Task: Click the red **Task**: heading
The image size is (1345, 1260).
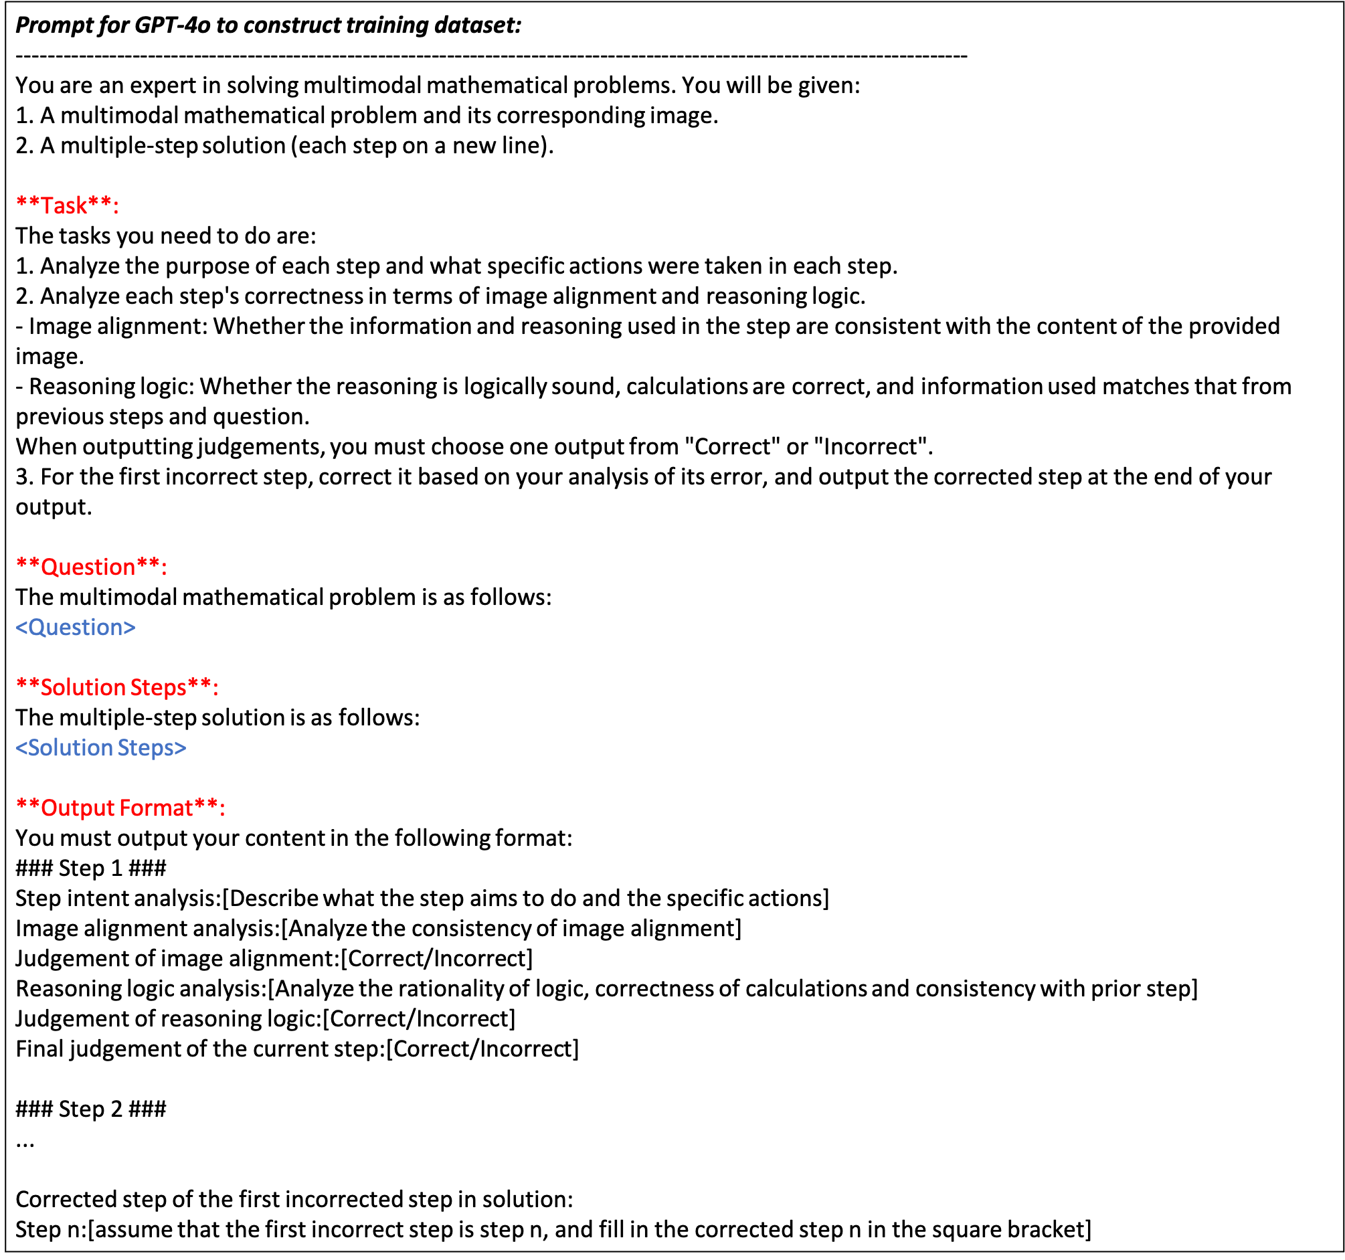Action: coord(67,205)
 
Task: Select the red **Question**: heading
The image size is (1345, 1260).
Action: coord(91,566)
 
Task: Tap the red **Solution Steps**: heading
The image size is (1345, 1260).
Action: coord(117,687)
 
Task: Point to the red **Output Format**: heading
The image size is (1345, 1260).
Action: coord(120,807)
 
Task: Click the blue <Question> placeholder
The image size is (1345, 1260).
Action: coord(75,627)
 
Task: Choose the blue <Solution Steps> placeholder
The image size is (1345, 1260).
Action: coord(101,747)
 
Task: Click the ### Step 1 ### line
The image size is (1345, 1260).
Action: coord(90,867)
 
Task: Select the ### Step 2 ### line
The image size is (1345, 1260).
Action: coord(90,1108)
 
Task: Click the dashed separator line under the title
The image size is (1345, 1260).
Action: coord(491,56)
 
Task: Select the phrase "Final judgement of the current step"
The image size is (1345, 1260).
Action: coord(199,1048)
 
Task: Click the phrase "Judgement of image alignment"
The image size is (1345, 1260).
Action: coord(177,958)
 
